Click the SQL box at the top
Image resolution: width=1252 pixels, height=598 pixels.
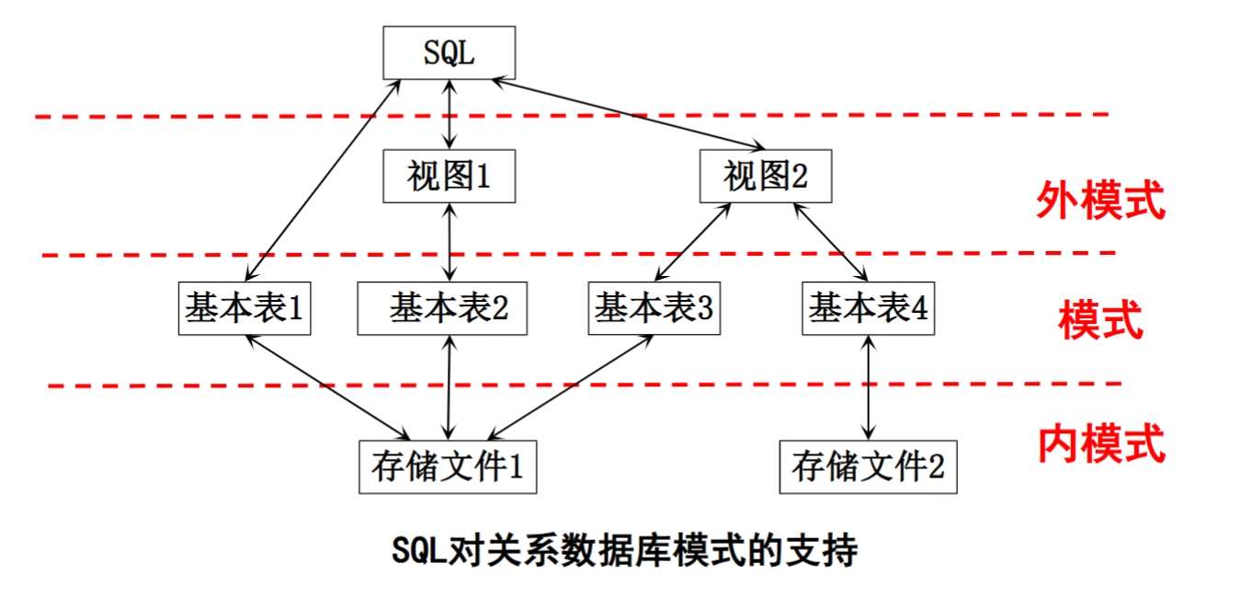tap(449, 52)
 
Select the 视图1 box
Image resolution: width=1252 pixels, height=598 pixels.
tap(449, 176)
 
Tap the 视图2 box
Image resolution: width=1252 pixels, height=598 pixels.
tap(765, 176)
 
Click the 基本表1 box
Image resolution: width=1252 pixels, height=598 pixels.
tap(244, 309)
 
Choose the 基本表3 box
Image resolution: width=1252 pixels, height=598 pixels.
tap(653, 309)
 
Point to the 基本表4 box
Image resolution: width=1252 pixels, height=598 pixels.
tap(868, 309)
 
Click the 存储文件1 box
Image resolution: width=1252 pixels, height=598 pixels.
tap(448, 467)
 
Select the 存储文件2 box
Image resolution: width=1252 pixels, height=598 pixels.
tap(868, 467)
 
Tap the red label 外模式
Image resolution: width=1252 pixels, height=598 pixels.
tap(1099, 200)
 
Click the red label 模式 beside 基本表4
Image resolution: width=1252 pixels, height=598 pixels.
tap(1099, 321)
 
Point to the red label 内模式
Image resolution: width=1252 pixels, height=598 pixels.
tap(1101, 443)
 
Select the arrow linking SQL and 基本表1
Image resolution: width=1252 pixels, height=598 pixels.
tap(324, 180)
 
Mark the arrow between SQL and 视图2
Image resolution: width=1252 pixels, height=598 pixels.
tap(631, 114)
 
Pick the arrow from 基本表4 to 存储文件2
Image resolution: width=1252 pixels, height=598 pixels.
tap(868, 387)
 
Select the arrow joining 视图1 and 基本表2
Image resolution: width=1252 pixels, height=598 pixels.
tap(449, 242)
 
